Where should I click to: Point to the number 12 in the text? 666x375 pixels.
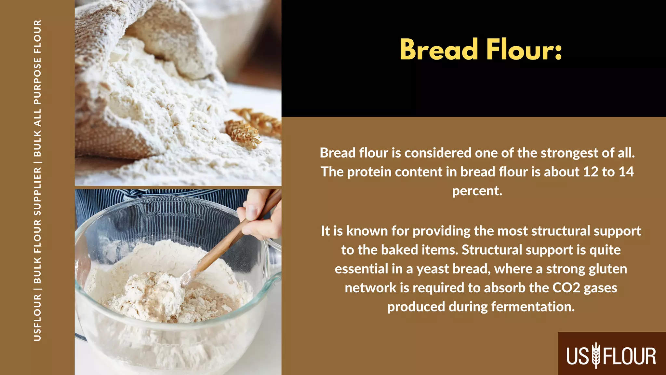[x=591, y=172]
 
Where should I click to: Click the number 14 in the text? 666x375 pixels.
[x=626, y=172]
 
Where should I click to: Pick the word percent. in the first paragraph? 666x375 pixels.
[x=477, y=191]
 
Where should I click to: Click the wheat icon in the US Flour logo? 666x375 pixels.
[x=596, y=355]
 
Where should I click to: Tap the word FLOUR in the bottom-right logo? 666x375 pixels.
[x=630, y=356]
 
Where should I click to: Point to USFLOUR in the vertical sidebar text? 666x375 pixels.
[x=37, y=317]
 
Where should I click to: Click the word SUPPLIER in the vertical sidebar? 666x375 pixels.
[x=37, y=192]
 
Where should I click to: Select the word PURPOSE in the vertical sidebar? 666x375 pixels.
[x=37, y=81]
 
